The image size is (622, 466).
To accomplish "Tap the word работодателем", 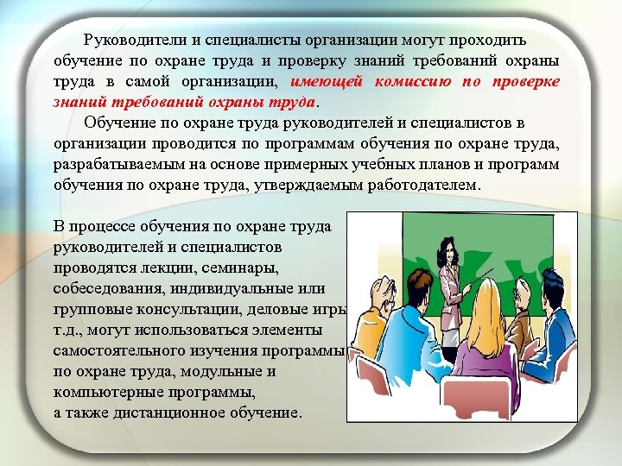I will (x=422, y=186).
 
